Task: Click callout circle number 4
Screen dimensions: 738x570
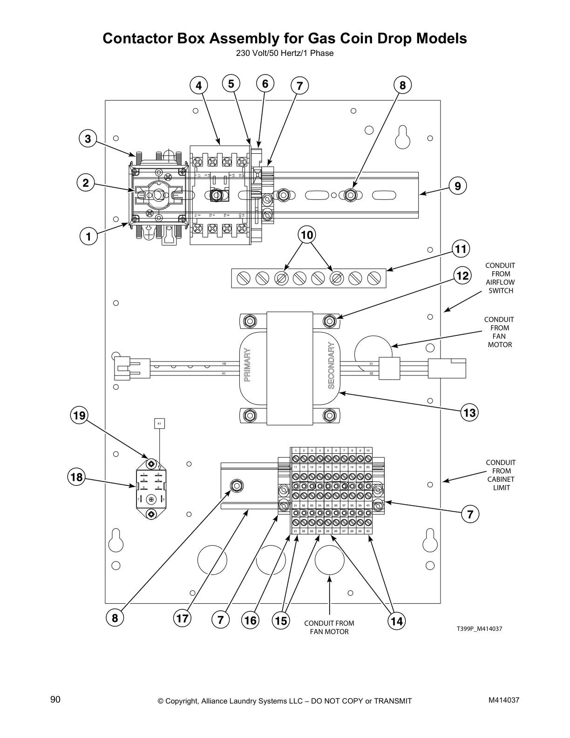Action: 199,86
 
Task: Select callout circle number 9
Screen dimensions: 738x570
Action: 458,186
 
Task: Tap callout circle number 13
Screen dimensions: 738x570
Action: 470,413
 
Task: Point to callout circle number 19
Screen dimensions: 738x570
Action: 80,415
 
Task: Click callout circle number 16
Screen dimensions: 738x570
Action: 251,621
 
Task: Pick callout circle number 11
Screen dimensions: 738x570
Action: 461,249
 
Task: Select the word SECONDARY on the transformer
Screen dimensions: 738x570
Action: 331,365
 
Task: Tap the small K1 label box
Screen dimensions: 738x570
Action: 159,424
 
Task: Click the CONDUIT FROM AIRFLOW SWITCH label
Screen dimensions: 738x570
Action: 500,278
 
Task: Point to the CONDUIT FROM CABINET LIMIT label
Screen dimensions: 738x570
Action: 501,475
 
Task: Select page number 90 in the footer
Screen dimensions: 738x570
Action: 55,699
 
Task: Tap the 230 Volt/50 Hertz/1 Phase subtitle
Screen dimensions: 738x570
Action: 285,53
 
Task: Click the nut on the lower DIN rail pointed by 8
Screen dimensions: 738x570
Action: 236,486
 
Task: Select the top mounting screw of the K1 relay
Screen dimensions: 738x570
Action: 151,464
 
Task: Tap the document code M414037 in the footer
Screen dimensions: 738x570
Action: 503,700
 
